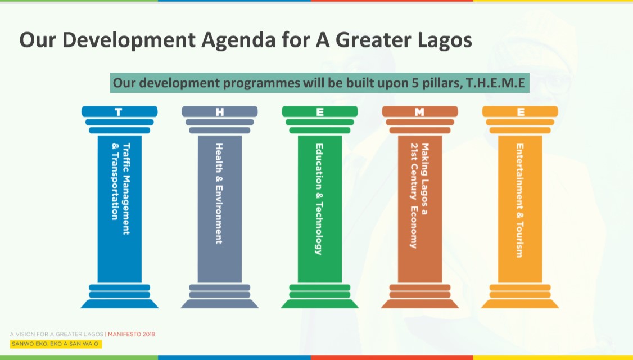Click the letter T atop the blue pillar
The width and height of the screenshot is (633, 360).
[118, 112]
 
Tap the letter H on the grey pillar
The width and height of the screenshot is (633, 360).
[220, 112]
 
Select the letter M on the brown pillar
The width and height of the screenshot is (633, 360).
[419, 112]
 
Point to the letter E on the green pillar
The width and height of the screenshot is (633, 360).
[320, 112]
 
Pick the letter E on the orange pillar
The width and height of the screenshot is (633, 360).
[521, 112]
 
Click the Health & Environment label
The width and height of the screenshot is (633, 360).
[219, 193]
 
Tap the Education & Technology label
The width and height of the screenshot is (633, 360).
[319, 199]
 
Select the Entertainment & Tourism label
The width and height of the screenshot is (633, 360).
[519, 200]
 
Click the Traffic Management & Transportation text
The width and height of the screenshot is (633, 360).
[121, 188]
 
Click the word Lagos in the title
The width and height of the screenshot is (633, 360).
[445, 40]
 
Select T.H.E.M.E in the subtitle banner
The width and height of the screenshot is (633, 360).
[495, 83]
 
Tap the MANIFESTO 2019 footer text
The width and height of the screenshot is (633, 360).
[132, 334]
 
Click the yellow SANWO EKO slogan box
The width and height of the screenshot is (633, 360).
[56, 344]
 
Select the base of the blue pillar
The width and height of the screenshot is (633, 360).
[120, 296]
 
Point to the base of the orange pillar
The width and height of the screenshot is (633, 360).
[520, 296]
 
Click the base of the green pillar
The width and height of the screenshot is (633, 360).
[320, 296]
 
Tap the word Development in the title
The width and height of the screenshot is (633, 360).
[128, 40]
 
